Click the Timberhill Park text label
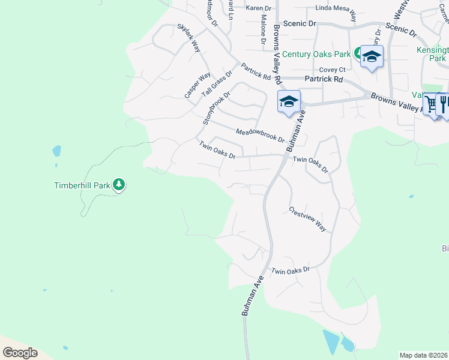click(x=81, y=185)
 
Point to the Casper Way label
click(x=197, y=85)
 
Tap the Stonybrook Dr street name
click(x=217, y=108)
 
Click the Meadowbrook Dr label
click(x=260, y=136)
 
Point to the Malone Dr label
click(x=263, y=31)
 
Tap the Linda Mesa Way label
click(x=336, y=11)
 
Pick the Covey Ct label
click(x=331, y=70)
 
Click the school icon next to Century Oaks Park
click(x=372, y=57)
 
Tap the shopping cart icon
click(x=431, y=104)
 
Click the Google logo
click(x=20, y=353)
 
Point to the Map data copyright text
click(x=423, y=355)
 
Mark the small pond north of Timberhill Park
click(x=56, y=151)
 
